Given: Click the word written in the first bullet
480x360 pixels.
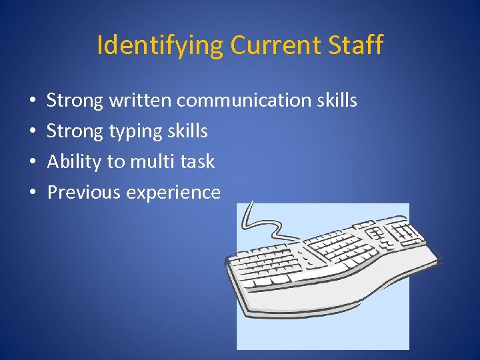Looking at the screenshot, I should tap(140, 101).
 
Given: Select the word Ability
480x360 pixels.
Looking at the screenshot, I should tap(70, 162).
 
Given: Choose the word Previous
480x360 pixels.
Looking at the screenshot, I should tap(84, 193).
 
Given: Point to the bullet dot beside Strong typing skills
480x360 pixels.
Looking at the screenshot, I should tap(33, 132).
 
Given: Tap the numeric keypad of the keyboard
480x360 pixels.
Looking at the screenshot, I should tap(406, 233).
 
